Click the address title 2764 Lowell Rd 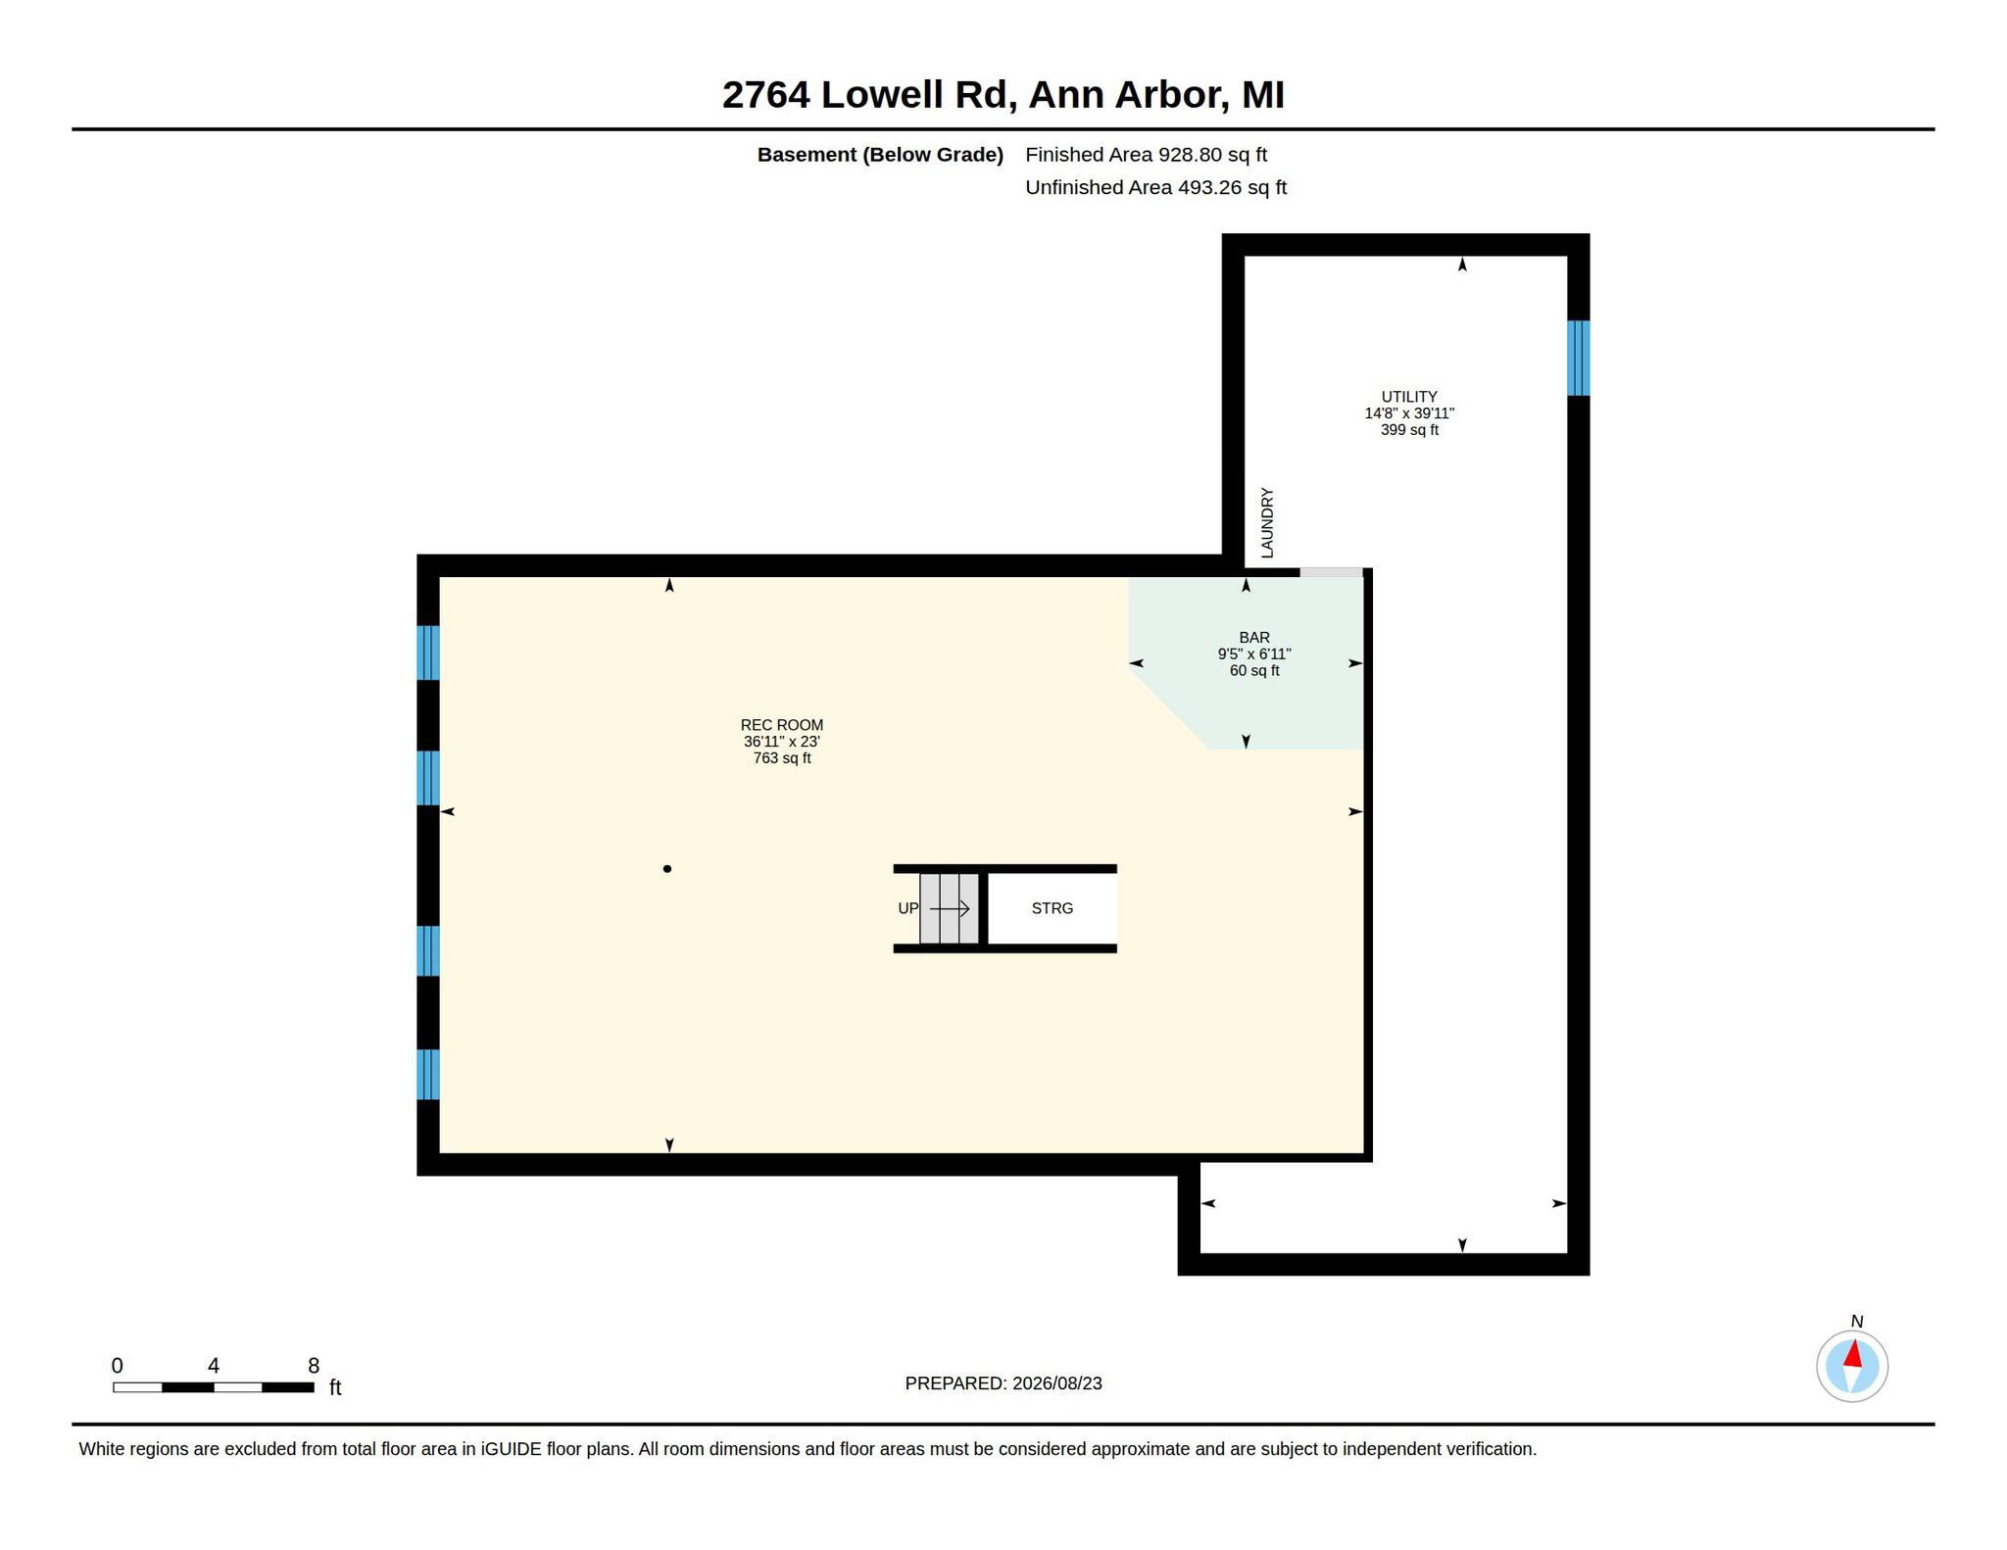point(865,95)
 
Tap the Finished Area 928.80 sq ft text point(1146,155)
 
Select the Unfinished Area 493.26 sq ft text point(1155,187)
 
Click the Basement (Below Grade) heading point(880,155)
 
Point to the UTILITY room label point(1409,397)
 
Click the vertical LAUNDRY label point(1267,523)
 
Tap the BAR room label point(1254,638)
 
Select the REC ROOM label point(782,725)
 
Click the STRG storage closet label point(1052,908)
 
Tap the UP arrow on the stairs point(950,909)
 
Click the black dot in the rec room point(667,869)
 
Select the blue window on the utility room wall point(1578,358)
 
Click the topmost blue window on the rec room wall point(427,653)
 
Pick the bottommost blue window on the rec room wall point(427,1075)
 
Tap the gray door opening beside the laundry point(1331,572)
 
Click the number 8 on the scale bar point(314,1366)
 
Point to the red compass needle point(1852,1355)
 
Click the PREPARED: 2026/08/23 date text point(1003,1383)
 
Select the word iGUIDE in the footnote point(511,1449)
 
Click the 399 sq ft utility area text point(1409,430)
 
